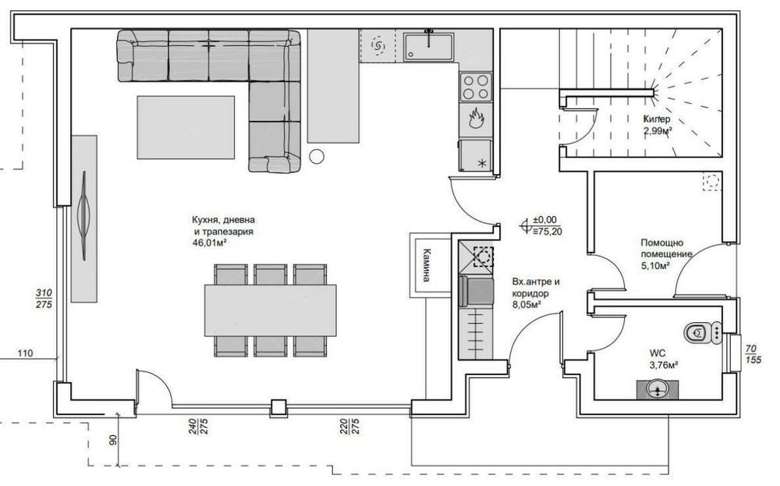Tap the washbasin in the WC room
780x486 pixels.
coord(657,388)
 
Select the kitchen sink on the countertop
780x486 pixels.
coord(429,47)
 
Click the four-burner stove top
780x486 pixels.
coord(475,85)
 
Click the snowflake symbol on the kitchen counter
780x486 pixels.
coord(481,162)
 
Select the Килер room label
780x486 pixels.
coord(657,119)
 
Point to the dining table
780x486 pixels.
coord(270,310)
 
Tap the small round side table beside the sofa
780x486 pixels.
coord(317,156)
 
